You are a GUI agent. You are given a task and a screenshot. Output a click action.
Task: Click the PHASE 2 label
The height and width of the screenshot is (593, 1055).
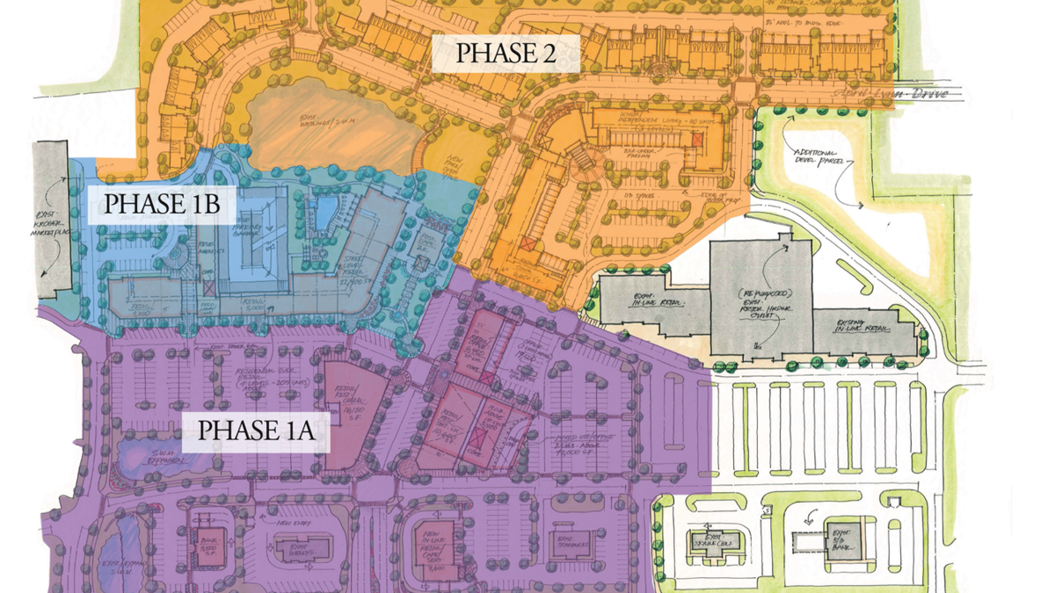tap(506, 54)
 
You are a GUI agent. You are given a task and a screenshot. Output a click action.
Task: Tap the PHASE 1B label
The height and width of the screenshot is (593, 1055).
tap(161, 204)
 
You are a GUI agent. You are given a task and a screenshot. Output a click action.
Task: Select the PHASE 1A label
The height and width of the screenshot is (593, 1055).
tap(257, 431)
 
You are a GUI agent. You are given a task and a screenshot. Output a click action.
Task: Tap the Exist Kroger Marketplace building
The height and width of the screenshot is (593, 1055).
tap(53, 215)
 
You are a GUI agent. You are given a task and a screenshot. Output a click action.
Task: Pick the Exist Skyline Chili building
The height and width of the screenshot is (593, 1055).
tap(713, 539)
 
